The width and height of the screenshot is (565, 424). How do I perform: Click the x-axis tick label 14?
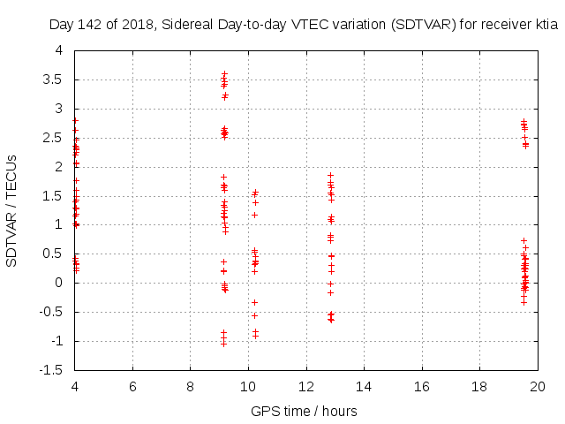pyautogui.click(x=364, y=387)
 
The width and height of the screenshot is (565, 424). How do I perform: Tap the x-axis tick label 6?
pyautogui.click(x=132, y=387)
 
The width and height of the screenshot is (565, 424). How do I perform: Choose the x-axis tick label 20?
pyautogui.click(x=537, y=387)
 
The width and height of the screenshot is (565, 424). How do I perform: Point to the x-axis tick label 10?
pyautogui.click(x=248, y=387)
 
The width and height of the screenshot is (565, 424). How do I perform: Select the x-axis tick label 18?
pyautogui.click(x=479, y=387)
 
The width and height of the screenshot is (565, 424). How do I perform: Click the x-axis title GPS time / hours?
pyautogui.click(x=304, y=411)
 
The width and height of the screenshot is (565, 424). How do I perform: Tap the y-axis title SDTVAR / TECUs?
pyautogui.click(x=12, y=210)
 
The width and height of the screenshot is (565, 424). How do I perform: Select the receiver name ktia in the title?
pyautogui.click(x=546, y=26)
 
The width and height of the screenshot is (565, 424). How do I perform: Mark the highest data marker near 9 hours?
pyautogui.click(x=224, y=73)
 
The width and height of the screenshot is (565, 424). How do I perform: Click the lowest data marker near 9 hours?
pyautogui.click(x=224, y=343)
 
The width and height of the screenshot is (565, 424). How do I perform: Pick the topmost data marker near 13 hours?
pyautogui.click(x=331, y=175)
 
